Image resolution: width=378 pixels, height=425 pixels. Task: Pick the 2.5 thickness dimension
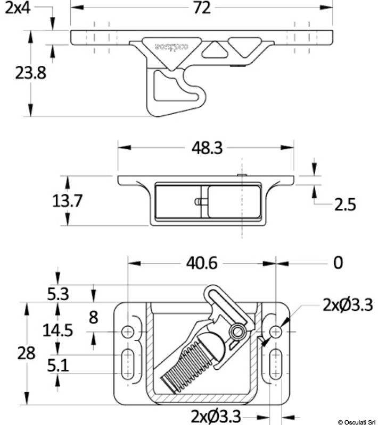[x=344, y=203]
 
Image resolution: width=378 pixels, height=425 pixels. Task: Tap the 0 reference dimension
[x=338, y=262]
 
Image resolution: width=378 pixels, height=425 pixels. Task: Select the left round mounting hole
[x=128, y=331]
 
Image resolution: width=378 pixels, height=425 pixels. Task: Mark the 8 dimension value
[x=93, y=317]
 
